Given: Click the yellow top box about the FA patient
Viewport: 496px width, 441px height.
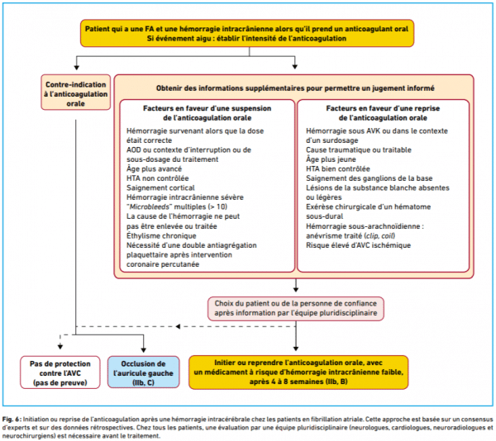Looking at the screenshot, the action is coord(247,33).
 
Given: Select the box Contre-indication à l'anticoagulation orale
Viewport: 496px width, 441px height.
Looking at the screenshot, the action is coord(76,92).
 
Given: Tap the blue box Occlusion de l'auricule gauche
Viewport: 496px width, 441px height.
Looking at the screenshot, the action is coord(143,372).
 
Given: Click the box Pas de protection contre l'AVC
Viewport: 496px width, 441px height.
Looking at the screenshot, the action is coord(60,372).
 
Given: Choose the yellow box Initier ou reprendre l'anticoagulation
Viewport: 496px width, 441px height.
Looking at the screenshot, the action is coord(298,372).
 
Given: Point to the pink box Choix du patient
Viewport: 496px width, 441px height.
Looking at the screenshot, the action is coord(296,308).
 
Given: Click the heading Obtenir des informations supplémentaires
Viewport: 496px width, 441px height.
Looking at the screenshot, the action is coord(295,88).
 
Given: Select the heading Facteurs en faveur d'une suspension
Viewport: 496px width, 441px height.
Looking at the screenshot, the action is coord(207,113).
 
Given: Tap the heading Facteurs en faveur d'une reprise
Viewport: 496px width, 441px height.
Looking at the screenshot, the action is coord(383,113).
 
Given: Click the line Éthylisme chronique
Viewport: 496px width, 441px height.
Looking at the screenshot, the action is coord(161,235).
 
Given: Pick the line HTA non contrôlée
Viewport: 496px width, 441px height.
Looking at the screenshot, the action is coord(158,178).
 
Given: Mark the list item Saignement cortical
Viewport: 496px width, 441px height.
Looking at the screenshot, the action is coord(160,187).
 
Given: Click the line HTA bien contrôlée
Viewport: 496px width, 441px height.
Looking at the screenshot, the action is coord(338,168).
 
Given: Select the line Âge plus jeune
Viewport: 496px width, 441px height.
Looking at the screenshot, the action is coord(331,159).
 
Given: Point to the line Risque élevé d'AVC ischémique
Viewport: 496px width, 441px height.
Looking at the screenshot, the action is coord(358,245).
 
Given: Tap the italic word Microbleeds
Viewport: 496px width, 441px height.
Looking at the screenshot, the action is coord(150,207).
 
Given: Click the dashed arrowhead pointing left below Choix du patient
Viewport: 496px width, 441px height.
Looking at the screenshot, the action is coord(178,326).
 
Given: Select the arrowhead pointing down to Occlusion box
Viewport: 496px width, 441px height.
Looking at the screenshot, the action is coord(143,350).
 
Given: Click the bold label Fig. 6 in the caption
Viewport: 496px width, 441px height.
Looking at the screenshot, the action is coord(12,420).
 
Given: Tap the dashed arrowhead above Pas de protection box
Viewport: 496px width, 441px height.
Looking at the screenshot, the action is coord(60,347).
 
